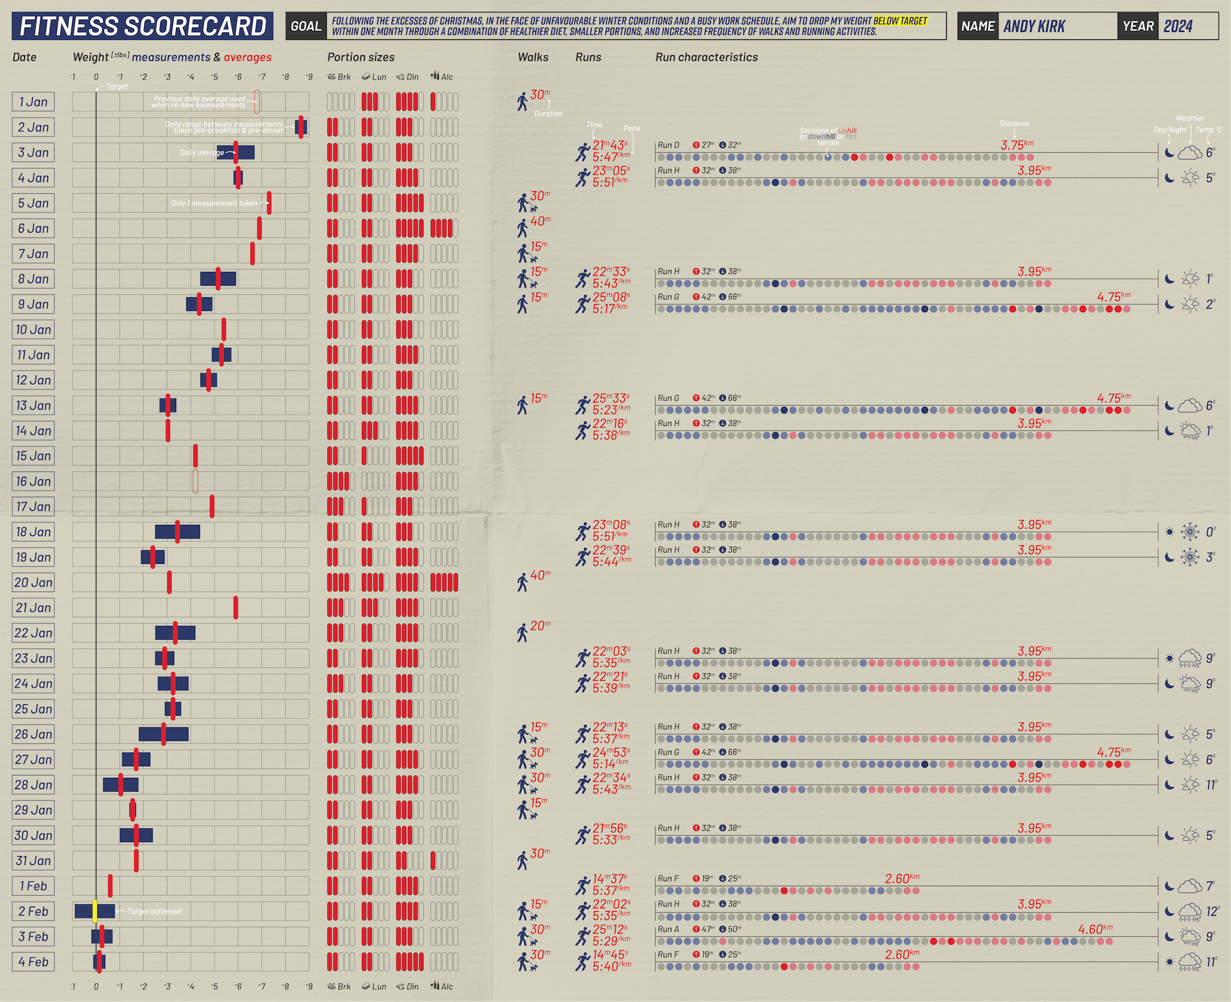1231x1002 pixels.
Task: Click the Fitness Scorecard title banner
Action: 142,26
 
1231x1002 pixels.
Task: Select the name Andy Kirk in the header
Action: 1034,26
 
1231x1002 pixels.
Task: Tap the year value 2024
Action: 1177,26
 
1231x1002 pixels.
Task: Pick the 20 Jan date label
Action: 33,582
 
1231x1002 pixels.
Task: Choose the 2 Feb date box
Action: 33,911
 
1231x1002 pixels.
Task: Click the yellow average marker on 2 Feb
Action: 95,911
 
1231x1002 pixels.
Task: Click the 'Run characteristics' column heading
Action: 707,57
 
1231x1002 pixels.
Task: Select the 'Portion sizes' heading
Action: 361,57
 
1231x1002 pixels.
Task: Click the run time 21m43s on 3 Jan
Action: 610,145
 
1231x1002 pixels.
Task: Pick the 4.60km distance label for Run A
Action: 1095,929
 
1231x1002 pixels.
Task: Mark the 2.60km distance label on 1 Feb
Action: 902,879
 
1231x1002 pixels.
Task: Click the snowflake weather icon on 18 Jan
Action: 1190,532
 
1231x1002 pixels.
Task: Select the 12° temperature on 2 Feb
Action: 1212,912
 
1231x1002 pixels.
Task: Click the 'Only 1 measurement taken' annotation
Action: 214,203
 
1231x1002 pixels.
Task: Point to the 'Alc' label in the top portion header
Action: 447,77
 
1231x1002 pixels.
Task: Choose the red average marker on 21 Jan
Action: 236,607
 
